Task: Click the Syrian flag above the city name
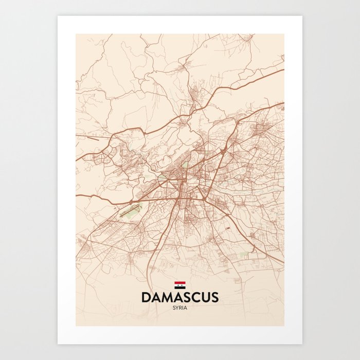pos(180,284)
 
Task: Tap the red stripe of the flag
pos(180,282)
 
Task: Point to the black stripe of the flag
pos(180,286)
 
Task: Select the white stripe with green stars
pos(180,284)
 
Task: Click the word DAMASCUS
pos(180,297)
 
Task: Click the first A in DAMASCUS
pos(155,297)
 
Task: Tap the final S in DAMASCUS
pos(214,297)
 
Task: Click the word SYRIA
pos(180,308)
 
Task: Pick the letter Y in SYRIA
pos(177,308)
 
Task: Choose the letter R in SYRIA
pos(181,308)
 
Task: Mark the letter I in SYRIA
pos(183,308)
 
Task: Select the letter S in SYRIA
pos(174,308)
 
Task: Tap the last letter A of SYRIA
pos(186,308)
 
